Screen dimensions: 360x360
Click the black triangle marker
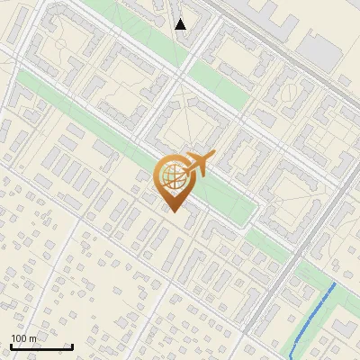[x=181, y=24]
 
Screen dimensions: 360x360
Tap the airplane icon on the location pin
[x=194, y=166]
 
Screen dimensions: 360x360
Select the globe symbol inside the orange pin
[x=174, y=177]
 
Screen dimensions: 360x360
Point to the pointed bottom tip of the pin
[x=175, y=212]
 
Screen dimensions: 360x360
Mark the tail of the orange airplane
[x=184, y=172]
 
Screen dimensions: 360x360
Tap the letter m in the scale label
[x=33, y=338]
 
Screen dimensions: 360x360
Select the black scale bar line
[x=41, y=347]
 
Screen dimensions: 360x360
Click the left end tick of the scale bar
[x=11, y=346]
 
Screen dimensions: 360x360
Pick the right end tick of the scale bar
[x=72, y=346]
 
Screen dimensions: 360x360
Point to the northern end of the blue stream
[x=336, y=283]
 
